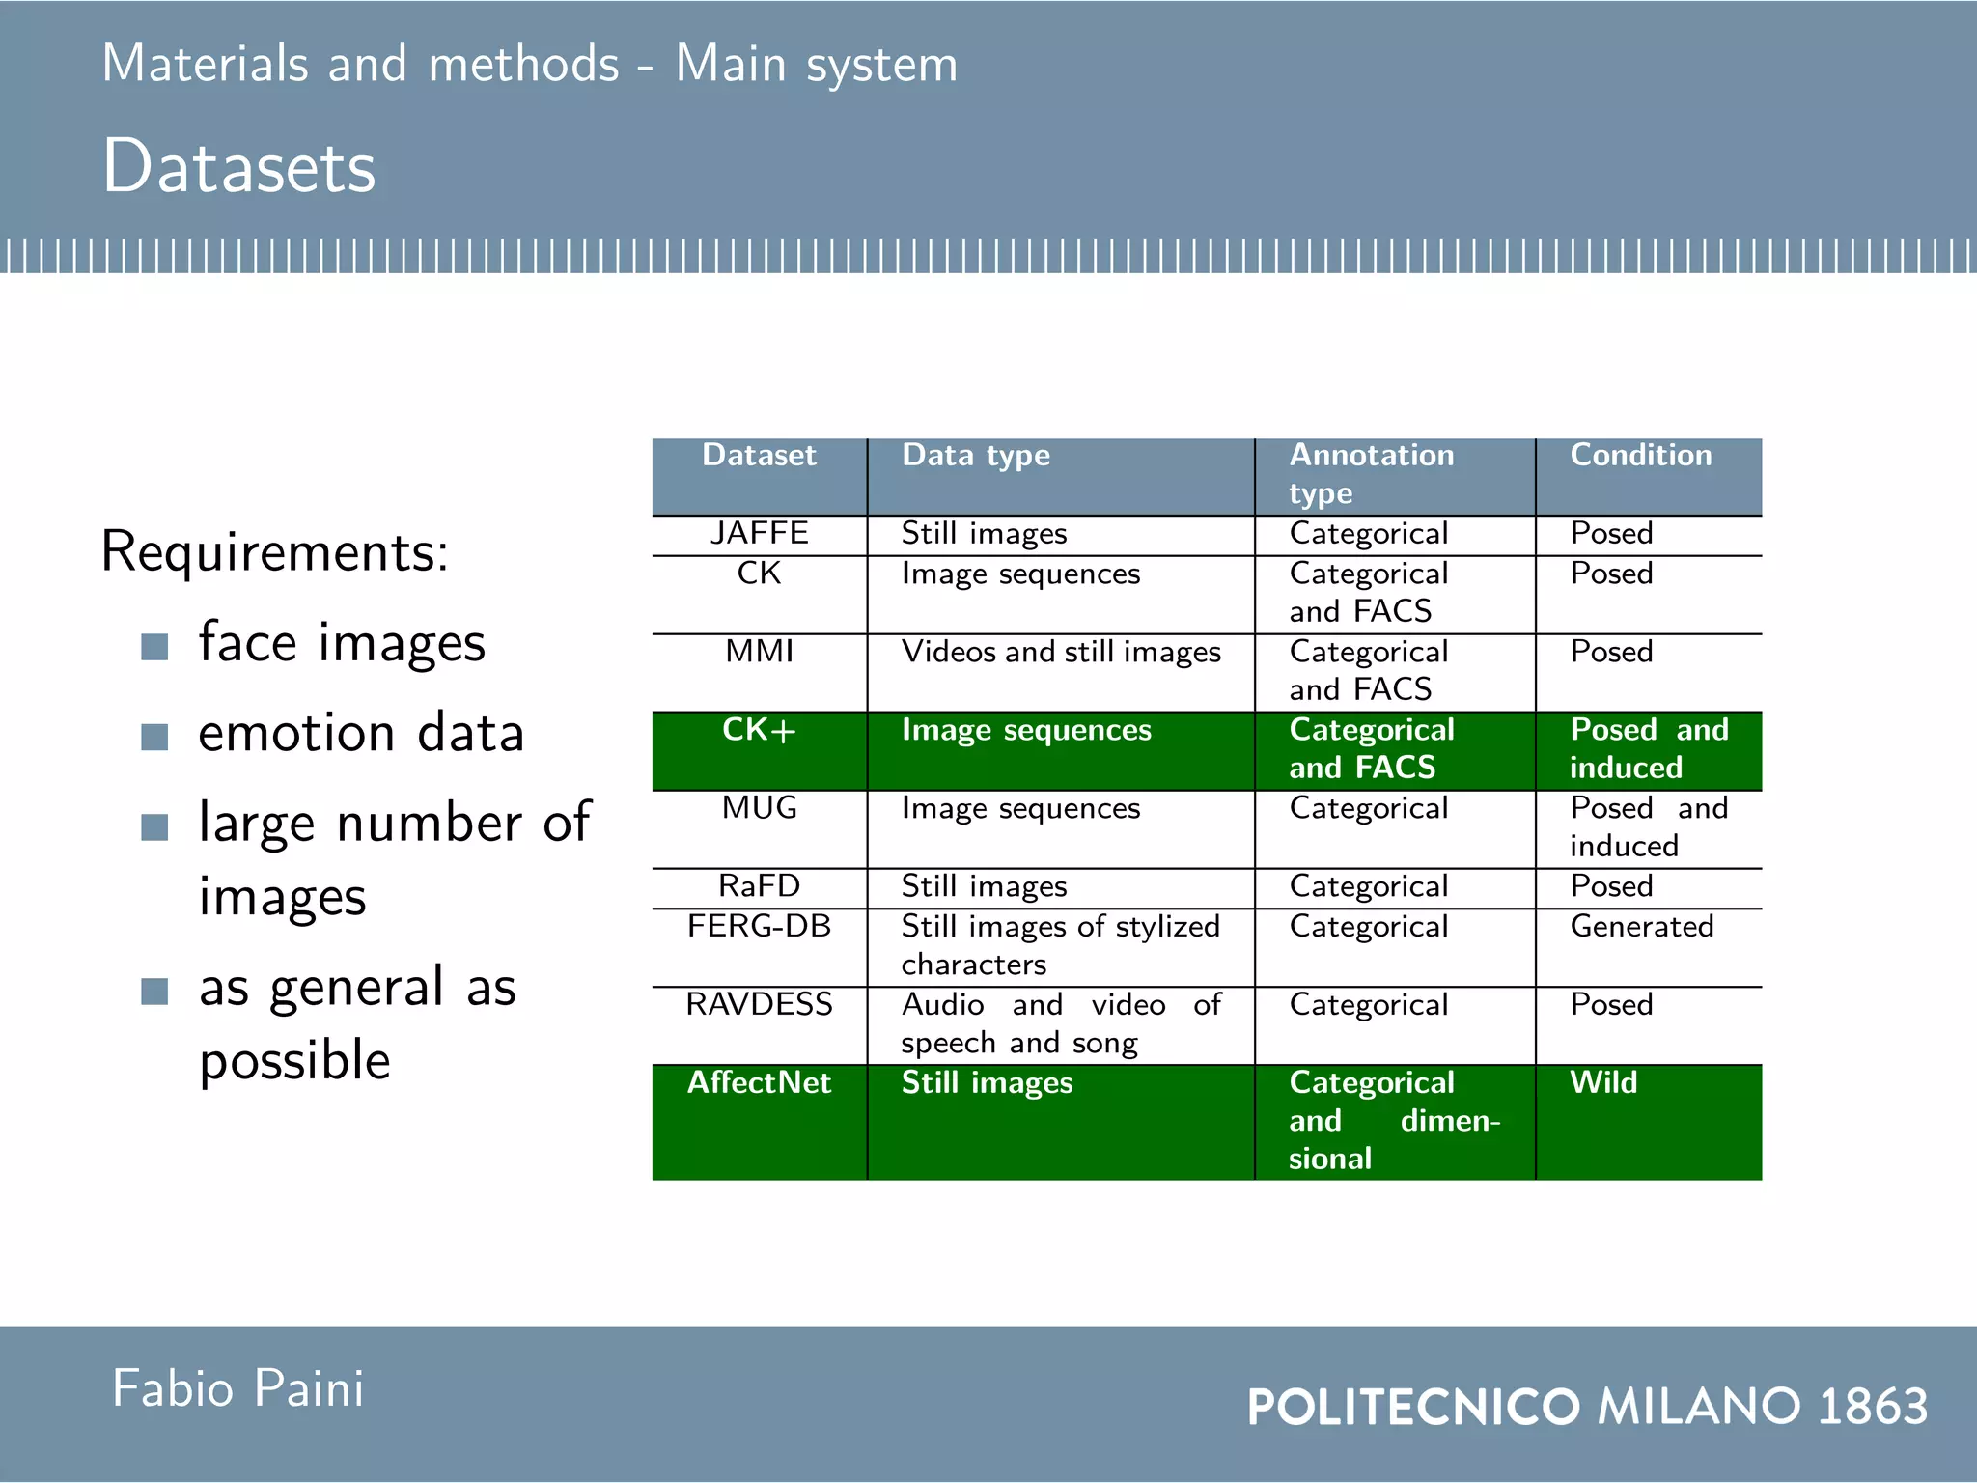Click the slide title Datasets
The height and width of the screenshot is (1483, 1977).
tap(238, 166)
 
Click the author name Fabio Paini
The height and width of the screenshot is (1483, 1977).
tap(238, 1388)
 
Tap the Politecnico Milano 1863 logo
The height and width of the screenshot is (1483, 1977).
tap(1587, 1406)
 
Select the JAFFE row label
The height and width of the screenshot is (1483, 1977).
tap(759, 533)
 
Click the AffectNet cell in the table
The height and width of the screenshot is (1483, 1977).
tap(759, 1082)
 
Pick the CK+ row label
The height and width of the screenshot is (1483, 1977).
tap(759, 730)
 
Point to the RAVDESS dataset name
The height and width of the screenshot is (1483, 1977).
tap(759, 1004)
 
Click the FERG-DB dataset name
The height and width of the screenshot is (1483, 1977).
tap(759, 926)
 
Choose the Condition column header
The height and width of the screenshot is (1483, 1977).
tap(1640, 455)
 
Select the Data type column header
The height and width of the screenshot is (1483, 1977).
tap(975, 455)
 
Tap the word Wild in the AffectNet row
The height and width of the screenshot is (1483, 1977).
tap(1603, 1082)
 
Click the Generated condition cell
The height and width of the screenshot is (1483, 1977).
tap(1641, 926)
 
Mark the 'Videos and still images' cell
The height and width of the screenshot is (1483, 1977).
tap(1061, 652)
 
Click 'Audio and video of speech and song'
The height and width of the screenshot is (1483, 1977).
tap(1061, 1023)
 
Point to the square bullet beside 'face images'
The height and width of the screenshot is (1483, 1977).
tap(154, 646)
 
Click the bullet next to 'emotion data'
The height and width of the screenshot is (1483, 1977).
tap(154, 737)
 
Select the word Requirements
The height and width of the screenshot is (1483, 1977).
tap(274, 552)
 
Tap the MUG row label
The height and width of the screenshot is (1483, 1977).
tap(759, 808)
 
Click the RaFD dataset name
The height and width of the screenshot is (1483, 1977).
tap(759, 886)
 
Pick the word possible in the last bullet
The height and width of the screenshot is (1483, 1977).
tap(294, 1060)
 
